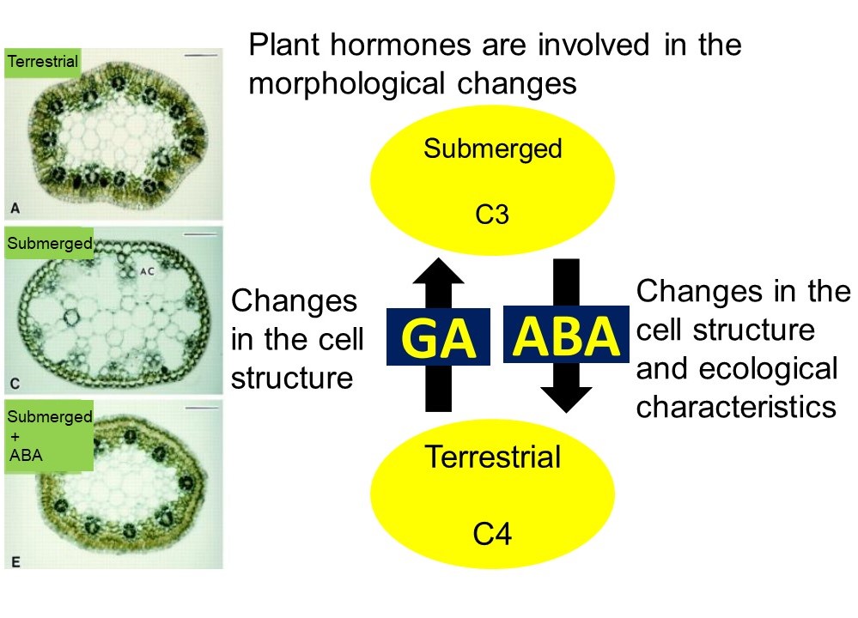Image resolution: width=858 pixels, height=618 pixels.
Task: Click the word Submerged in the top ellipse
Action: (492, 148)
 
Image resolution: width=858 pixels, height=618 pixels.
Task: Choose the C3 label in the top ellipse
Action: (492, 214)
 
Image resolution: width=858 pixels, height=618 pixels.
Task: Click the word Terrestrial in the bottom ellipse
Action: (492, 457)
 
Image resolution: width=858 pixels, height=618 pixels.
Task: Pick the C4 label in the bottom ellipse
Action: (492, 536)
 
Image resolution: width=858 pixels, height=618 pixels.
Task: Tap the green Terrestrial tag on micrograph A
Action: (42, 61)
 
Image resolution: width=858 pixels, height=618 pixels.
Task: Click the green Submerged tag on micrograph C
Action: (49, 244)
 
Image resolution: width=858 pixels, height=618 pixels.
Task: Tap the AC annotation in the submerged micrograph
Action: (147, 270)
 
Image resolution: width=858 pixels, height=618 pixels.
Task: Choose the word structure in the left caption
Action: (292, 378)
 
